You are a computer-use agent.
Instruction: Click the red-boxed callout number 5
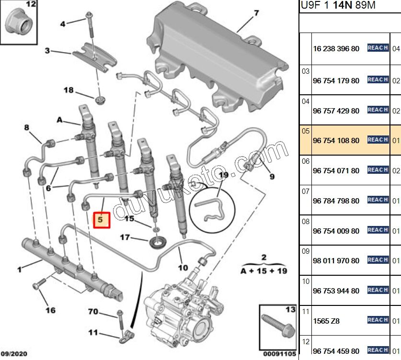(x=101, y=220)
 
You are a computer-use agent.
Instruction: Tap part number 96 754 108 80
(x=335, y=141)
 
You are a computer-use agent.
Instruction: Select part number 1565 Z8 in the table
(x=326, y=321)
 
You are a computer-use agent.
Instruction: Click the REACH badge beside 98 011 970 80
(x=378, y=260)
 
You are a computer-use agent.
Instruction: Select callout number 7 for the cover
(x=256, y=12)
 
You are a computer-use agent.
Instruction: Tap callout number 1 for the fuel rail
(x=20, y=270)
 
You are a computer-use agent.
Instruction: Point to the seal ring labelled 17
(x=156, y=241)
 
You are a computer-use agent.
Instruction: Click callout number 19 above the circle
(x=224, y=176)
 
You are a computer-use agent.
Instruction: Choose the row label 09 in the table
(x=306, y=250)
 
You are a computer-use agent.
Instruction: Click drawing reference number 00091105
(x=280, y=354)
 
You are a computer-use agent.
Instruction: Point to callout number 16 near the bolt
(x=50, y=310)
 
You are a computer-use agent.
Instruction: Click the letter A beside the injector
(x=60, y=120)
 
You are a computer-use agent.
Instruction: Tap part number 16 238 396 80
(x=335, y=48)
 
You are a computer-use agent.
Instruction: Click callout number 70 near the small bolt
(x=93, y=312)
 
